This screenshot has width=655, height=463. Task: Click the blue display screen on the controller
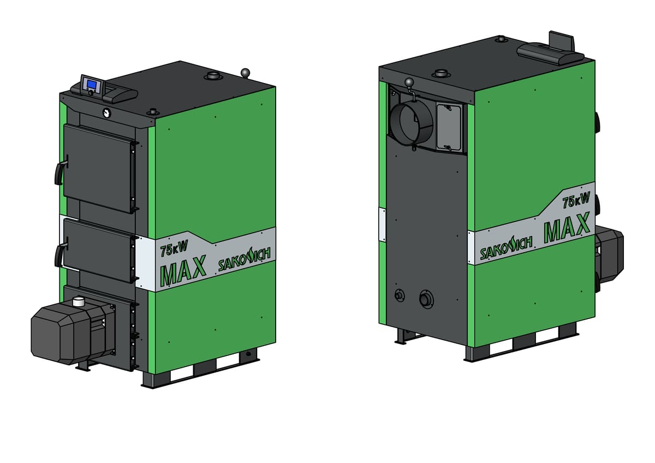[x=92, y=84]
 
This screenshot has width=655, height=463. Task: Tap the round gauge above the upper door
[x=106, y=112]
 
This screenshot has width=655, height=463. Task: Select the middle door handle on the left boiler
[x=60, y=252]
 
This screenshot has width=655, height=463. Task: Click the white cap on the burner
[x=78, y=301]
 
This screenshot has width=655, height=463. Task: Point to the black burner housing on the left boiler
[x=73, y=333]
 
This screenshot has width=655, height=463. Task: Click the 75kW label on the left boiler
[x=174, y=249]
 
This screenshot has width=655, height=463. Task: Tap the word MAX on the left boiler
[x=183, y=271]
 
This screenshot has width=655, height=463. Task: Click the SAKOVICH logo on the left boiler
[x=245, y=259]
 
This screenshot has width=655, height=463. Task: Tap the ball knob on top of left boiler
[x=245, y=72]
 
